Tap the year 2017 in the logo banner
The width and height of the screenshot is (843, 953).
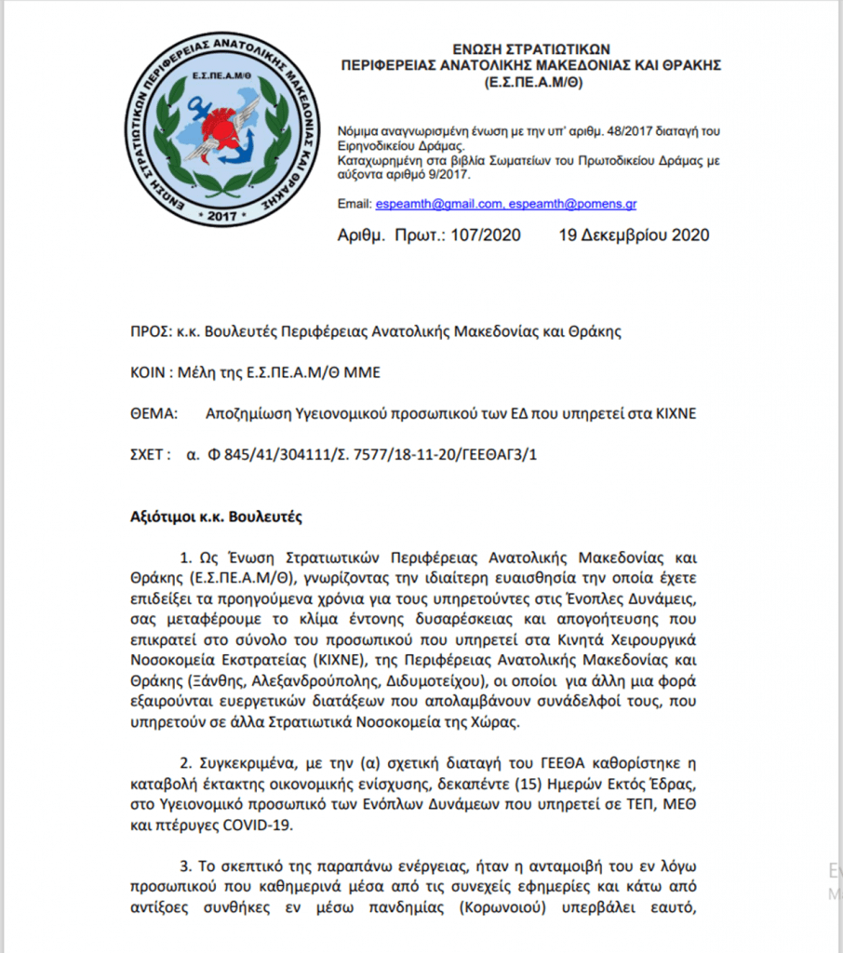[x=223, y=217]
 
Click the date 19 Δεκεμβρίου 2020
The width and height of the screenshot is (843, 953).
[x=634, y=235]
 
